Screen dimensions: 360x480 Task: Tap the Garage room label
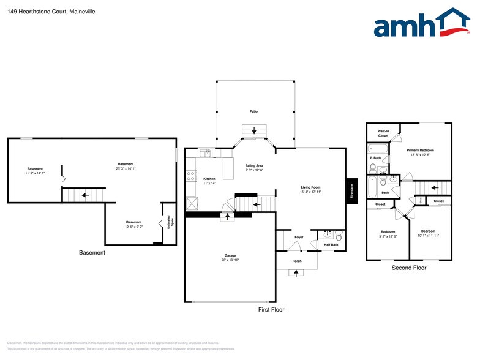point(230,255)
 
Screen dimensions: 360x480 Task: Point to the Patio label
point(253,112)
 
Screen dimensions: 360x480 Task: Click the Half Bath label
point(331,245)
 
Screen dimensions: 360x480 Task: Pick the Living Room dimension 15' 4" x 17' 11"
point(310,192)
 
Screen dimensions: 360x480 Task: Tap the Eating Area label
point(254,166)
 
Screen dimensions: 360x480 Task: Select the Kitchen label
point(209,179)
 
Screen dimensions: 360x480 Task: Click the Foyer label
point(299,237)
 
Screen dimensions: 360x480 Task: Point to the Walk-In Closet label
point(383,133)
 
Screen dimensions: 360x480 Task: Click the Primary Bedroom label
point(420,150)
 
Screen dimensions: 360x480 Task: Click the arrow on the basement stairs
point(84,195)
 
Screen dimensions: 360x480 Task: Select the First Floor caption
point(271,310)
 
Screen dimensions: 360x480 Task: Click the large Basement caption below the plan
point(92,252)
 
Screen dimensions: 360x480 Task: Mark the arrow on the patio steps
point(253,131)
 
